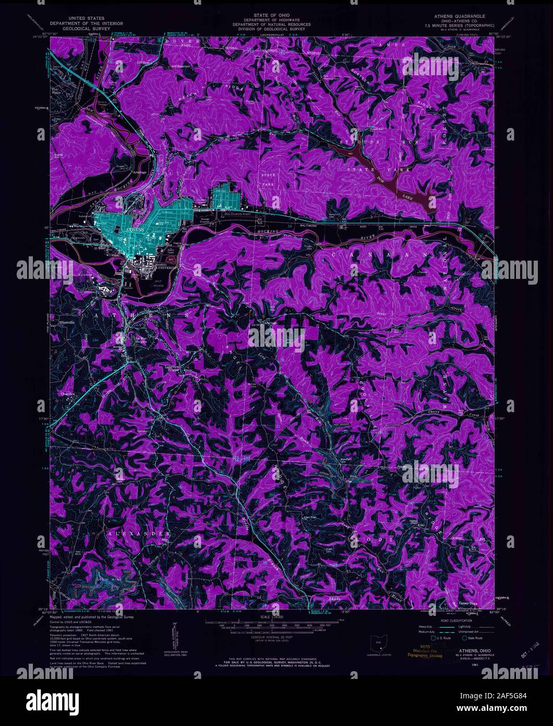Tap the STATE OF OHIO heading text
coord(271,16)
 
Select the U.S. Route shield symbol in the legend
coord(433,638)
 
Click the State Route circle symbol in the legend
coord(464,638)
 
